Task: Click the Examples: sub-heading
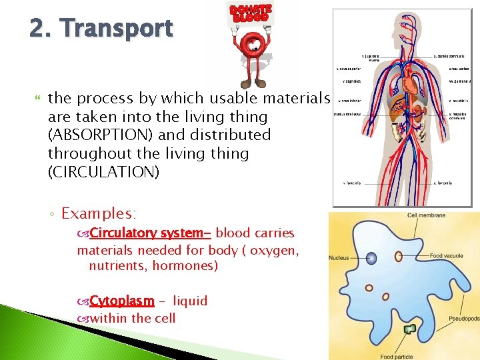click(x=99, y=213)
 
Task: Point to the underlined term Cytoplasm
click(x=122, y=301)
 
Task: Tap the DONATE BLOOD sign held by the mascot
click(x=251, y=13)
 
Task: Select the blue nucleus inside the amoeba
click(x=371, y=257)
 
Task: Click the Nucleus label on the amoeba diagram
click(x=339, y=257)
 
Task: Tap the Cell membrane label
click(x=427, y=215)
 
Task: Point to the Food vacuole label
click(x=447, y=256)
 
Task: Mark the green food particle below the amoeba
click(x=409, y=329)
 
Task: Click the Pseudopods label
click(x=464, y=319)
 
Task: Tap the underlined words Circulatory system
click(x=150, y=233)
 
